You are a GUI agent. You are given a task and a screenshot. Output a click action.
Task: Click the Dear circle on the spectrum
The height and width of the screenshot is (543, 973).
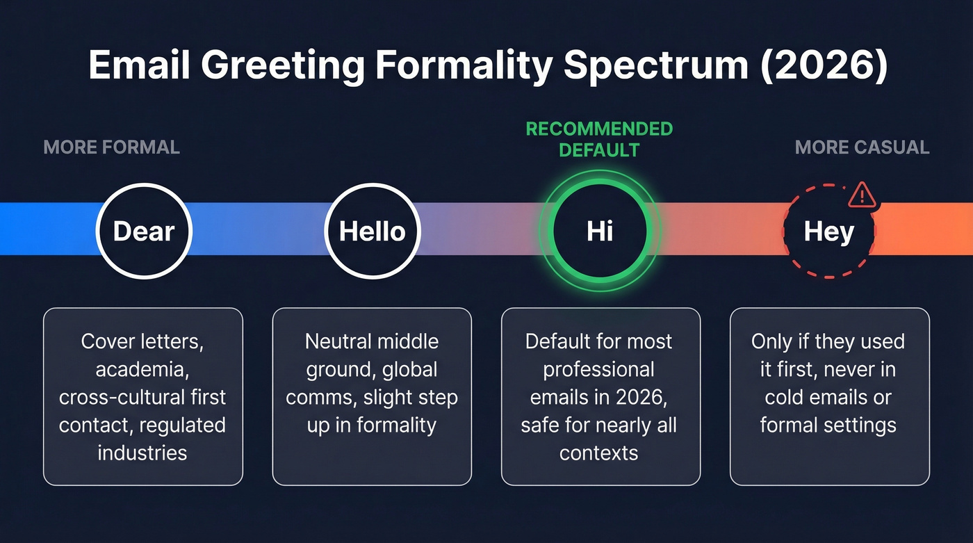point(144,231)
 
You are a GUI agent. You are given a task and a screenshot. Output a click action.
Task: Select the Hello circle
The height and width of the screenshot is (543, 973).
point(373,231)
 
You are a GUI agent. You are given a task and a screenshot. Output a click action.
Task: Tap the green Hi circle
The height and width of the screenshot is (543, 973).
point(600,231)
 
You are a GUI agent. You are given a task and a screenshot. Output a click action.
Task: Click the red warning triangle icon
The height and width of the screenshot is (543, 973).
point(862,194)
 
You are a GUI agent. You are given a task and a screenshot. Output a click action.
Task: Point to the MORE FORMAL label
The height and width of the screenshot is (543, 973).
point(112,147)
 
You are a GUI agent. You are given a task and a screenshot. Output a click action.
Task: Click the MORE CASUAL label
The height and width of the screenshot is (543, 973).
point(862,147)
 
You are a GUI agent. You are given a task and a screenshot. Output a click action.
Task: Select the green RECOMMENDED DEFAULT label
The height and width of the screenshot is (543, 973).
point(599,139)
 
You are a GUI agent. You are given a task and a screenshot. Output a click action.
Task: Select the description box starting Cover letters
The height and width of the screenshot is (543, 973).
point(143,396)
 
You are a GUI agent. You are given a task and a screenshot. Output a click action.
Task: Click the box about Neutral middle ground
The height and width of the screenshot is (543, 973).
point(372,396)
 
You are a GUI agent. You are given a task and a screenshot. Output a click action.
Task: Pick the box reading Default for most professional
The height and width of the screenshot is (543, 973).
point(600,396)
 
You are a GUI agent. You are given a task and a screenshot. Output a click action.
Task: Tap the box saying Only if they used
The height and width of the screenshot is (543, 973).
point(829,396)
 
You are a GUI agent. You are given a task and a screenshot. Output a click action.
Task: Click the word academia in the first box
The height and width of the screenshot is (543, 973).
point(142,369)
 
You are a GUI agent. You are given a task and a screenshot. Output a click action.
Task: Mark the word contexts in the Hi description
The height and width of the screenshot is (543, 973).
point(599,453)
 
